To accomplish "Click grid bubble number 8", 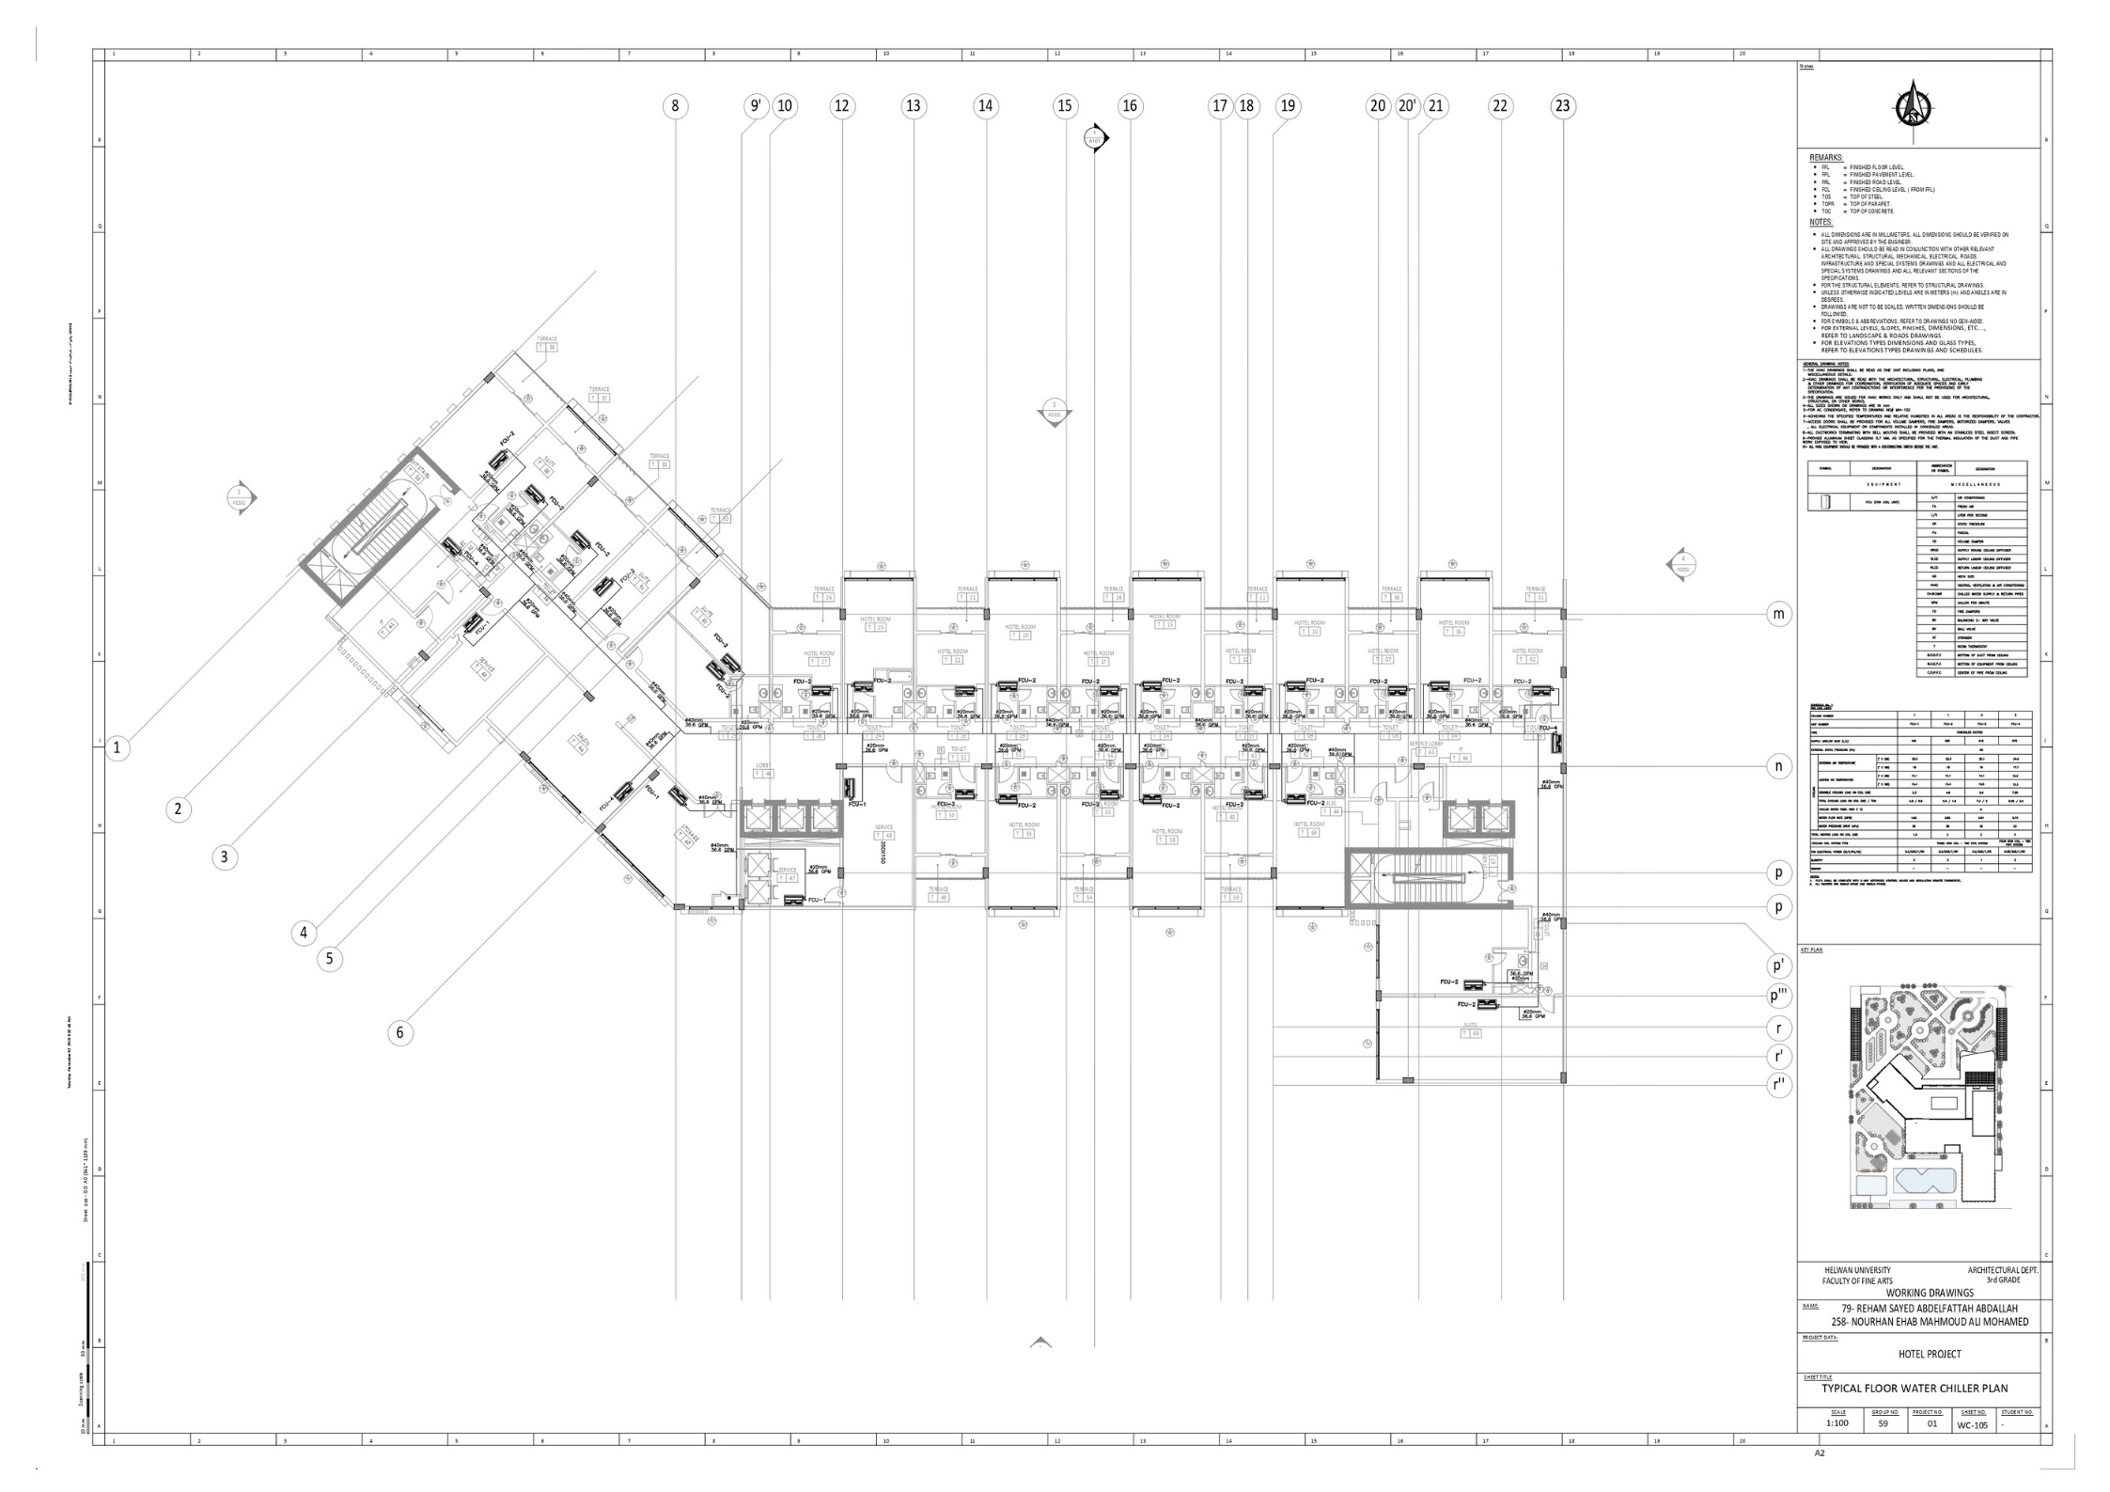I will (x=675, y=106).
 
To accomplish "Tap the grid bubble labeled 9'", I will (x=756, y=106).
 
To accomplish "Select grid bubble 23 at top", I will (x=1562, y=106).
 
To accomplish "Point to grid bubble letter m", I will (x=1778, y=615).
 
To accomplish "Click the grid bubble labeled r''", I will (x=1778, y=1085).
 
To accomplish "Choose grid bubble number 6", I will (x=400, y=1033).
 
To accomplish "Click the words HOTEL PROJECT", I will (x=1923, y=1354).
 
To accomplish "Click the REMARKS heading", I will (x=1825, y=157).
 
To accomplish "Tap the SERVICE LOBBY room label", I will (x=1426, y=744).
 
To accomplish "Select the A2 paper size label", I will (x=1820, y=1479).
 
